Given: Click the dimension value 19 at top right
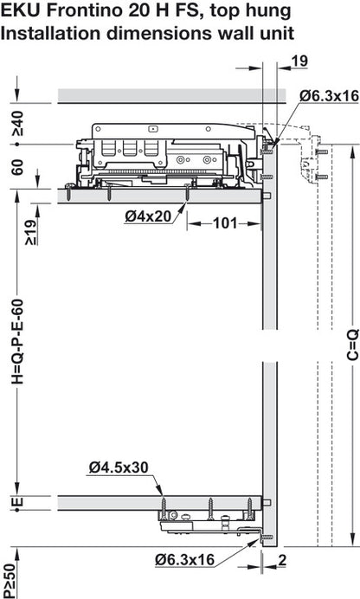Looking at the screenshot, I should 299,61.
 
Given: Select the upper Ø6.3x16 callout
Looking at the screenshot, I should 327,93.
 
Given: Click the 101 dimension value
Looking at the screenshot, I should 225,223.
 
